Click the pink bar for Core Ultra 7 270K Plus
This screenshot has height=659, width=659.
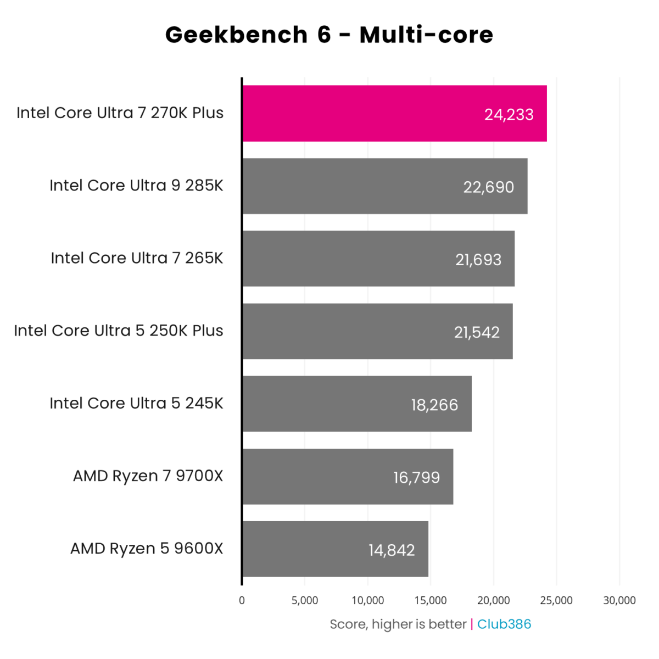coord(384,114)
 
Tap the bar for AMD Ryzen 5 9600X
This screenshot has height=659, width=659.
coord(329,549)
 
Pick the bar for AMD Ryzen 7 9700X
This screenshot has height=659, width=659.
coord(340,477)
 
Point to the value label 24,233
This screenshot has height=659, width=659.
coord(509,114)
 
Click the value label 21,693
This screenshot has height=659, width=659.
coord(478,259)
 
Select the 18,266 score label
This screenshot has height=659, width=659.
coord(434,405)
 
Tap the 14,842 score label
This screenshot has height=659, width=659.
coord(392,550)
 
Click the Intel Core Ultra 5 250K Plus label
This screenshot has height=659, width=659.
coord(119,331)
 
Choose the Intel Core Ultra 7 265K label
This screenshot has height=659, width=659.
coord(137,258)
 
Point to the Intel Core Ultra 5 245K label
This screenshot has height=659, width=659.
coord(136,403)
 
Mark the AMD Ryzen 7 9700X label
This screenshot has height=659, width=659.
coord(148,476)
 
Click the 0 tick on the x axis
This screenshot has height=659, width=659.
coord(242,600)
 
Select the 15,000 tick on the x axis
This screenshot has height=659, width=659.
coord(431,600)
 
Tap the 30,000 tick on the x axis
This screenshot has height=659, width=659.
coord(619,600)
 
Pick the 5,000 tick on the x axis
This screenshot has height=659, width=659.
coord(305,600)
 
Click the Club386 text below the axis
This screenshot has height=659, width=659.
coord(504,624)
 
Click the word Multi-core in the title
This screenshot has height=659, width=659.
coord(426,35)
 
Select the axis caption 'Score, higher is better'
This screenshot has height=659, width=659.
coord(398,624)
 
